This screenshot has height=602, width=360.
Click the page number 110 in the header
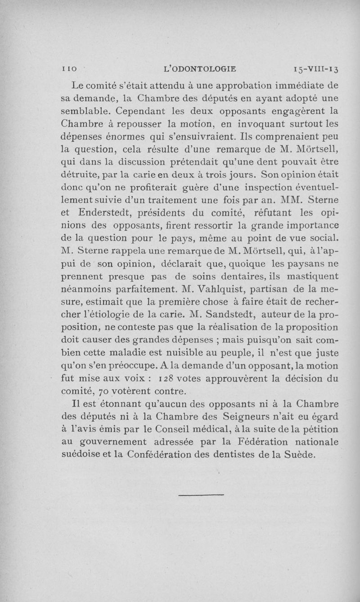point(69,69)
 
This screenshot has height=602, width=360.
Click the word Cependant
point(145,110)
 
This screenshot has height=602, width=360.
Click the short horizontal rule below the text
point(201,496)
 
